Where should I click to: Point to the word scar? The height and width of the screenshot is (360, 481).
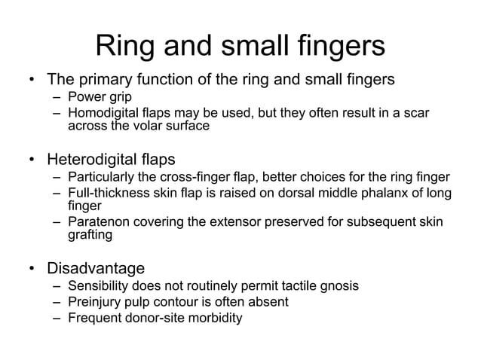coord(415,113)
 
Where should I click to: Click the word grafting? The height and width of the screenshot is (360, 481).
coord(90,235)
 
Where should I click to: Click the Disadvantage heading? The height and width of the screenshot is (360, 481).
coord(96,268)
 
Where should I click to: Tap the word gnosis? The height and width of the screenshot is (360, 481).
coord(335,286)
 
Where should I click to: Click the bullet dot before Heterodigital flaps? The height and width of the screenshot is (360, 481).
coord(32,160)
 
